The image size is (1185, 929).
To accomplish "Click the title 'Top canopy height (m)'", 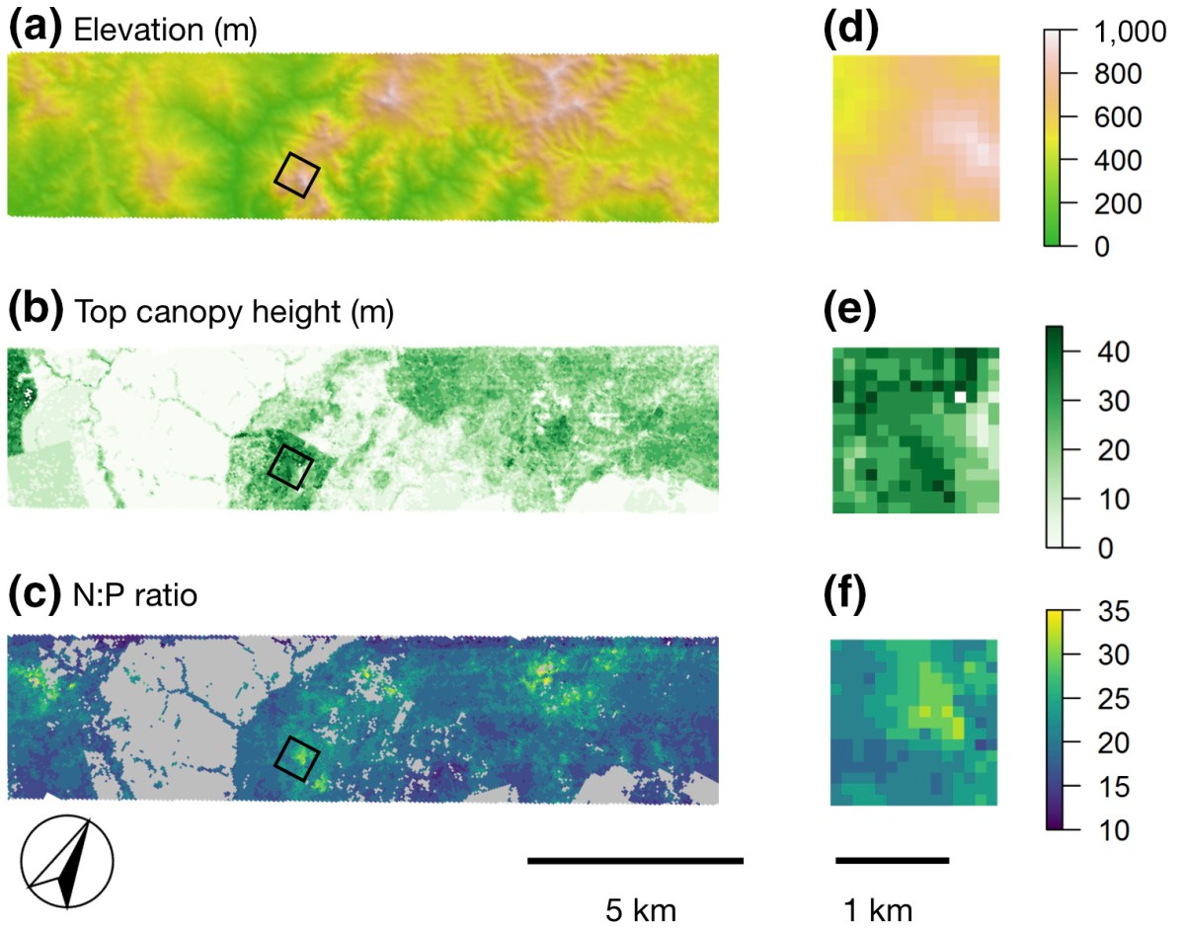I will point(234,315).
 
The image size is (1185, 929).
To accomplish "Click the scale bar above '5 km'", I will point(635,861).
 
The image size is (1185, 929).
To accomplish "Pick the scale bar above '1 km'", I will point(892,861).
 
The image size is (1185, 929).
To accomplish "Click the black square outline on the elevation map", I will point(296,175).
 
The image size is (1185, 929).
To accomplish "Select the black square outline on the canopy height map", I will point(291,466).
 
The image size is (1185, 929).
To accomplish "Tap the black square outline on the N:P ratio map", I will point(296,757).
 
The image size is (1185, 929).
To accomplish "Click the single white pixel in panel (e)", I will point(960,397).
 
